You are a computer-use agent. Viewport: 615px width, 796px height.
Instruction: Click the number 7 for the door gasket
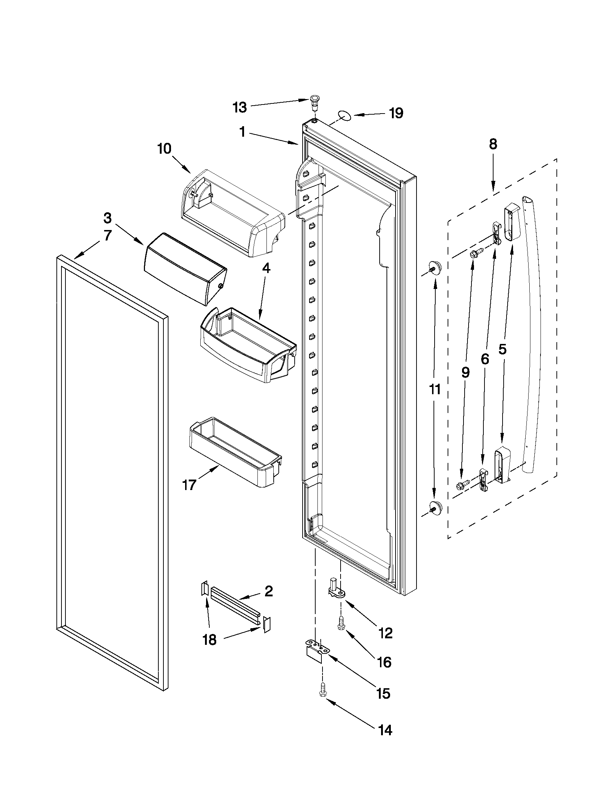click(x=107, y=235)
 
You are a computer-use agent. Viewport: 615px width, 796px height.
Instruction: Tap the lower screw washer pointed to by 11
click(x=434, y=506)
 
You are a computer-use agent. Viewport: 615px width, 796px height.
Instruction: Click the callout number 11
click(x=435, y=389)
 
